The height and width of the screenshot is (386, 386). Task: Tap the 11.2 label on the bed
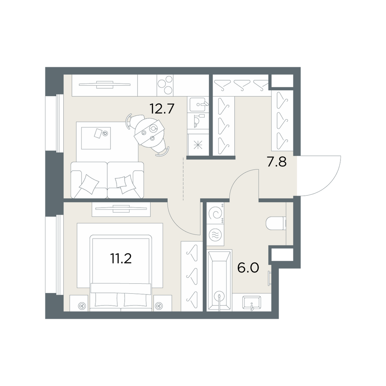tap(121, 259)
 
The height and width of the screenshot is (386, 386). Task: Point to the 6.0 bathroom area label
tap(248, 267)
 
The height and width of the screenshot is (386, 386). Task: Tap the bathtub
tap(219, 280)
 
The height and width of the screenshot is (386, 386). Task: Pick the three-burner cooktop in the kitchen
tap(165, 85)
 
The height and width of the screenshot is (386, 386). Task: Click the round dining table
tap(149, 132)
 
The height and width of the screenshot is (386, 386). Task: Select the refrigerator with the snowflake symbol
tap(198, 145)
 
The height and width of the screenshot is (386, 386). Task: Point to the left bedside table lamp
tap(81, 306)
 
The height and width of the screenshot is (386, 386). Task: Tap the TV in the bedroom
tap(121, 209)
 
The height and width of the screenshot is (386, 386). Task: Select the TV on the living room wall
tap(105, 85)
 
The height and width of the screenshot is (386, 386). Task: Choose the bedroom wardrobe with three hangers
tap(192, 276)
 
